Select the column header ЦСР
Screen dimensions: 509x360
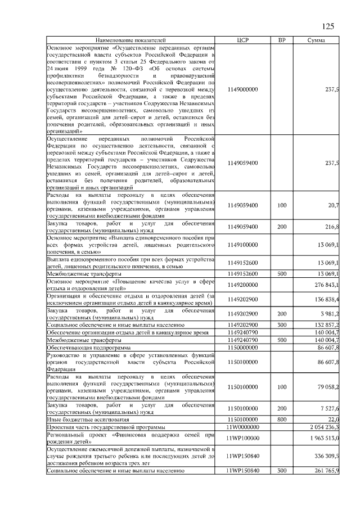click(243, 40)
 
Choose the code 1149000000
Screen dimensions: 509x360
click(243, 89)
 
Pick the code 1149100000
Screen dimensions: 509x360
click(243, 245)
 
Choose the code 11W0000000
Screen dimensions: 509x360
click(243, 427)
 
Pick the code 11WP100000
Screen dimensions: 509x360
click(243, 438)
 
